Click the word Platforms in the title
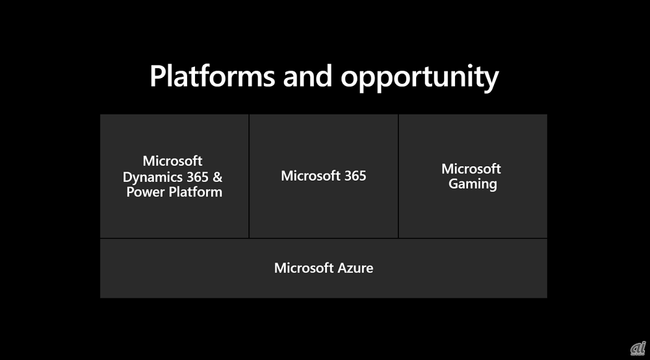[213, 76]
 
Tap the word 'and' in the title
[307, 76]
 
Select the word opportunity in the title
[419, 78]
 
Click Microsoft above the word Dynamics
[172, 161]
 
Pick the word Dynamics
[153, 177]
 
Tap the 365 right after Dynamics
[198, 177]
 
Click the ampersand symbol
[218, 177]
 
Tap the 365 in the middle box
[356, 175]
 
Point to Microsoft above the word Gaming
[471, 168]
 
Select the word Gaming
[473, 185]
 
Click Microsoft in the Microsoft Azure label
[304, 268]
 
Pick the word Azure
[356, 268]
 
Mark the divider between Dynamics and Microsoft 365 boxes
[249, 176]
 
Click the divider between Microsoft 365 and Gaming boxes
[398, 176]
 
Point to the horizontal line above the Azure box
[324, 238]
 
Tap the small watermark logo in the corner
[638, 349]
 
